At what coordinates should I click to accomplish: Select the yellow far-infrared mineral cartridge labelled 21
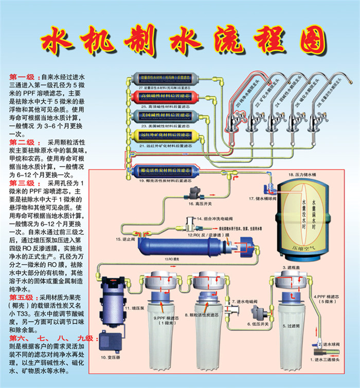click(x=165, y=135)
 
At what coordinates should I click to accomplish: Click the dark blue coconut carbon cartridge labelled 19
click(x=165, y=171)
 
